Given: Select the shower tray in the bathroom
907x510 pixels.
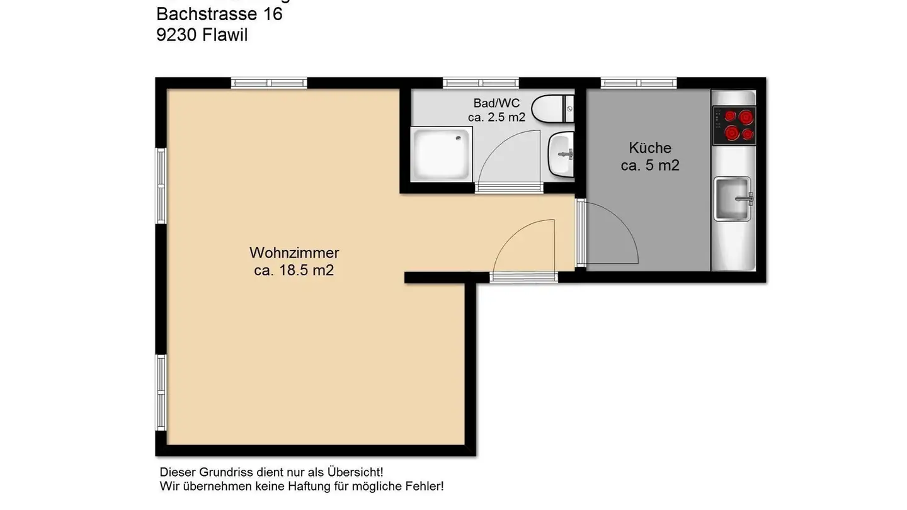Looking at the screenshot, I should click(x=441, y=154).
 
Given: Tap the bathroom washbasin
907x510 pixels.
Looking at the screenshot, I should click(x=561, y=154).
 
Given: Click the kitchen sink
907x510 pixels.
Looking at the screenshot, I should click(x=733, y=198).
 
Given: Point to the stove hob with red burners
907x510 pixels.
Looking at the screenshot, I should click(x=734, y=125).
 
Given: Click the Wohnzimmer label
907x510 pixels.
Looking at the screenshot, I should click(x=294, y=253).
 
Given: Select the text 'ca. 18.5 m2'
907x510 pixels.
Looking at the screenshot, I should click(x=294, y=271).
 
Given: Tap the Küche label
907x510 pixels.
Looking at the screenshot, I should click(x=650, y=149).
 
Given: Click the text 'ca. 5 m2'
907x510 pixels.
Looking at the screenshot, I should click(x=650, y=166).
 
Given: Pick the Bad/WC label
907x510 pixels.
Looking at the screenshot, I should click(x=497, y=103).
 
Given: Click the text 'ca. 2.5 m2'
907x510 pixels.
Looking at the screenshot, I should click(x=497, y=117).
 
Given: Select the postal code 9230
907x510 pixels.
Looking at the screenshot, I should click(x=177, y=35).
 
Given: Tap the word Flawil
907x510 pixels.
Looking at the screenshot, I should click(x=225, y=35).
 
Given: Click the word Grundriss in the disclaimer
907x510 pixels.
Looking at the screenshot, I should click(x=227, y=472).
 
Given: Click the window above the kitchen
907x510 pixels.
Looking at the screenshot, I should click(x=639, y=82).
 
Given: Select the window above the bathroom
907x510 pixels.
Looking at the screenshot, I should click(x=481, y=82).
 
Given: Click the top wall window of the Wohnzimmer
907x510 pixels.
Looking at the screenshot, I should click(x=269, y=82).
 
